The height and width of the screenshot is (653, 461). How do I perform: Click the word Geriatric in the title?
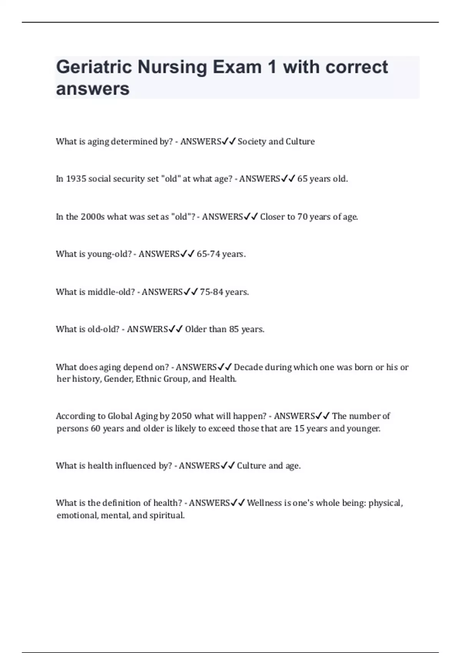pyautogui.click(x=94, y=67)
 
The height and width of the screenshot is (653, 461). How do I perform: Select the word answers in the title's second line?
pyautogui.click(x=93, y=89)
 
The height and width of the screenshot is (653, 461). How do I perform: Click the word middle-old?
pyautogui.click(x=111, y=292)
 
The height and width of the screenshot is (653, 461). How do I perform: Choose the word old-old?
pyautogui.click(x=104, y=329)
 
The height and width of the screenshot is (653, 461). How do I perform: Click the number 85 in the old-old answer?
pyautogui.click(x=234, y=329)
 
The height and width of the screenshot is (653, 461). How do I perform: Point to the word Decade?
pyautogui.click(x=248, y=367)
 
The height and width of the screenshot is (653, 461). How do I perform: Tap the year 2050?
pyautogui.click(x=181, y=416)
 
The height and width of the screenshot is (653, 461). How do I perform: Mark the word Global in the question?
pyautogui.click(x=120, y=416)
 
